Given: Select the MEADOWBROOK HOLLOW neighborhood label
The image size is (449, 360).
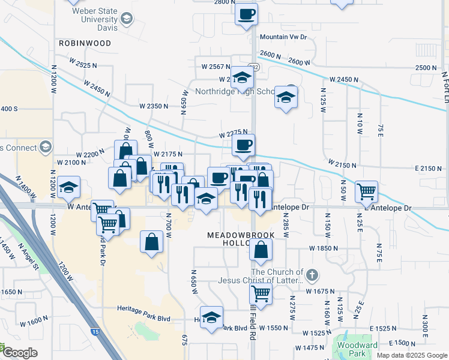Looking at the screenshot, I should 240,239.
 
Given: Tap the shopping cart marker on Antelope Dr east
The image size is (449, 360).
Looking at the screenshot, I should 366,192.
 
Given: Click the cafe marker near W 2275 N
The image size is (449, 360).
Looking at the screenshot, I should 243,145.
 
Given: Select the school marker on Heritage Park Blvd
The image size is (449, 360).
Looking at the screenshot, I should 211,318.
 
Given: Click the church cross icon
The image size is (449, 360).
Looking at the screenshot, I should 311,275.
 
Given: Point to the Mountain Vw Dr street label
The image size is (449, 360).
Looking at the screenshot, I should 283,37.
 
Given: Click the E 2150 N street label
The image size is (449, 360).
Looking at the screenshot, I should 427,169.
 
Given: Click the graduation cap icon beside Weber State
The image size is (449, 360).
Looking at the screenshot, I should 127,20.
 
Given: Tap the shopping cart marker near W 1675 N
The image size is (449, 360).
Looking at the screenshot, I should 261,294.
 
